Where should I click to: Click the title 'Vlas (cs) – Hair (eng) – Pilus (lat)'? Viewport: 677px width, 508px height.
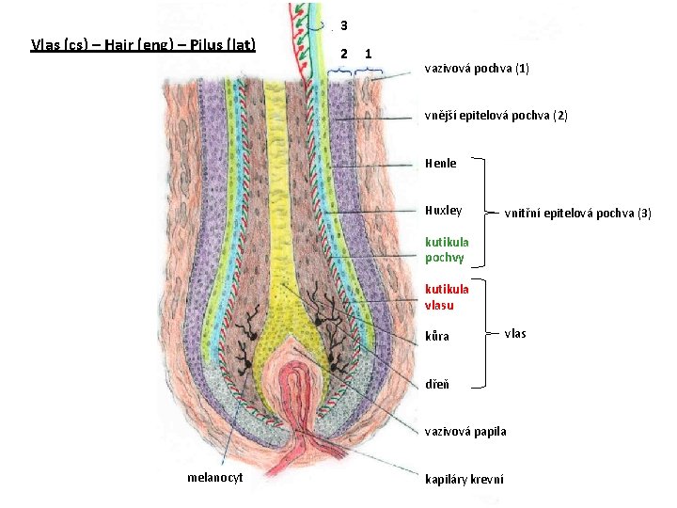pyautogui.click(x=144, y=44)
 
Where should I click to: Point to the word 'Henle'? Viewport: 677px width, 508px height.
pyautogui.click(x=440, y=163)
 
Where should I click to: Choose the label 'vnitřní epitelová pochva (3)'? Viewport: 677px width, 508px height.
pyautogui.click(x=577, y=213)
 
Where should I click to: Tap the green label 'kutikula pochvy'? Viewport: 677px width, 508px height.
pyautogui.click(x=447, y=248)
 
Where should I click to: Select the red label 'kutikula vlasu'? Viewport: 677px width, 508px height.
pyautogui.click(x=447, y=297)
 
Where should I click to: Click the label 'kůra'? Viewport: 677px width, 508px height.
pyautogui.click(x=436, y=336)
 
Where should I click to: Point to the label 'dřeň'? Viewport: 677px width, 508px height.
pyautogui.click(x=436, y=384)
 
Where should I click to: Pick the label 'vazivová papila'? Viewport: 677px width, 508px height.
pyautogui.click(x=464, y=431)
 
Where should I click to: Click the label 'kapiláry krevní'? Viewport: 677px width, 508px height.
pyautogui.click(x=464, y=479)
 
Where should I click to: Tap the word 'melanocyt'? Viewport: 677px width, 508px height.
pyautogui.click(x=215, y=477)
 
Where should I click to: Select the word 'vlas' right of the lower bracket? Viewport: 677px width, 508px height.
pyautogui.click(x=515, y=333)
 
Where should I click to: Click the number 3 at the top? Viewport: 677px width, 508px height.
pyautogui.click(x=344, y=24)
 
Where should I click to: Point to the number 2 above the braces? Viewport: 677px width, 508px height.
pyautogui.click(x=344, y=54)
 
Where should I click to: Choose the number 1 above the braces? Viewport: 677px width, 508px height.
pyautogui.click(x=368, y=54)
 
